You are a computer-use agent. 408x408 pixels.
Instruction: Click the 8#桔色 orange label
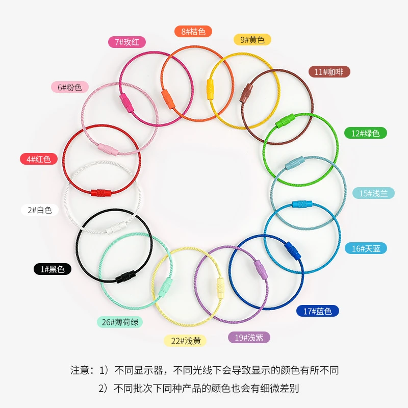pyautogui.click(x=193, y=32)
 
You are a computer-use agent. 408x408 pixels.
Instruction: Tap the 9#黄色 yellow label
pyautogui.click(x=252, y=39)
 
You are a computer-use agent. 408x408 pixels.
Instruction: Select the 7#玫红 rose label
pyautogui.click(x=127, y=42)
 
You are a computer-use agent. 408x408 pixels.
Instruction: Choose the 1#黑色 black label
pyautogui.click(x=54, y=269)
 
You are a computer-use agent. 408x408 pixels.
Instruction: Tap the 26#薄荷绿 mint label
pyautogui.click(x=120, y=322)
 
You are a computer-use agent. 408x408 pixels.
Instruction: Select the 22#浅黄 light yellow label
pyautogui.click(x=185, y=340)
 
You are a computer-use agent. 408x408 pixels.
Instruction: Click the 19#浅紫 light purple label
pyautogui.click(x=248, y=337)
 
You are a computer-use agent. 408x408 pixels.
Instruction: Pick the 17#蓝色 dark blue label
pyautogui.click(x=318, y=311)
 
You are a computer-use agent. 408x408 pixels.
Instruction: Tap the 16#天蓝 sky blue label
pyautogui.click(x=369, y=248)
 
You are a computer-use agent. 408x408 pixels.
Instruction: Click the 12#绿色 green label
pyautogui.click(x=365, y=133)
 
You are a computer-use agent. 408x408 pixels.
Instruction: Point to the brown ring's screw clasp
pyautogui.click(x=247, y=93)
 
